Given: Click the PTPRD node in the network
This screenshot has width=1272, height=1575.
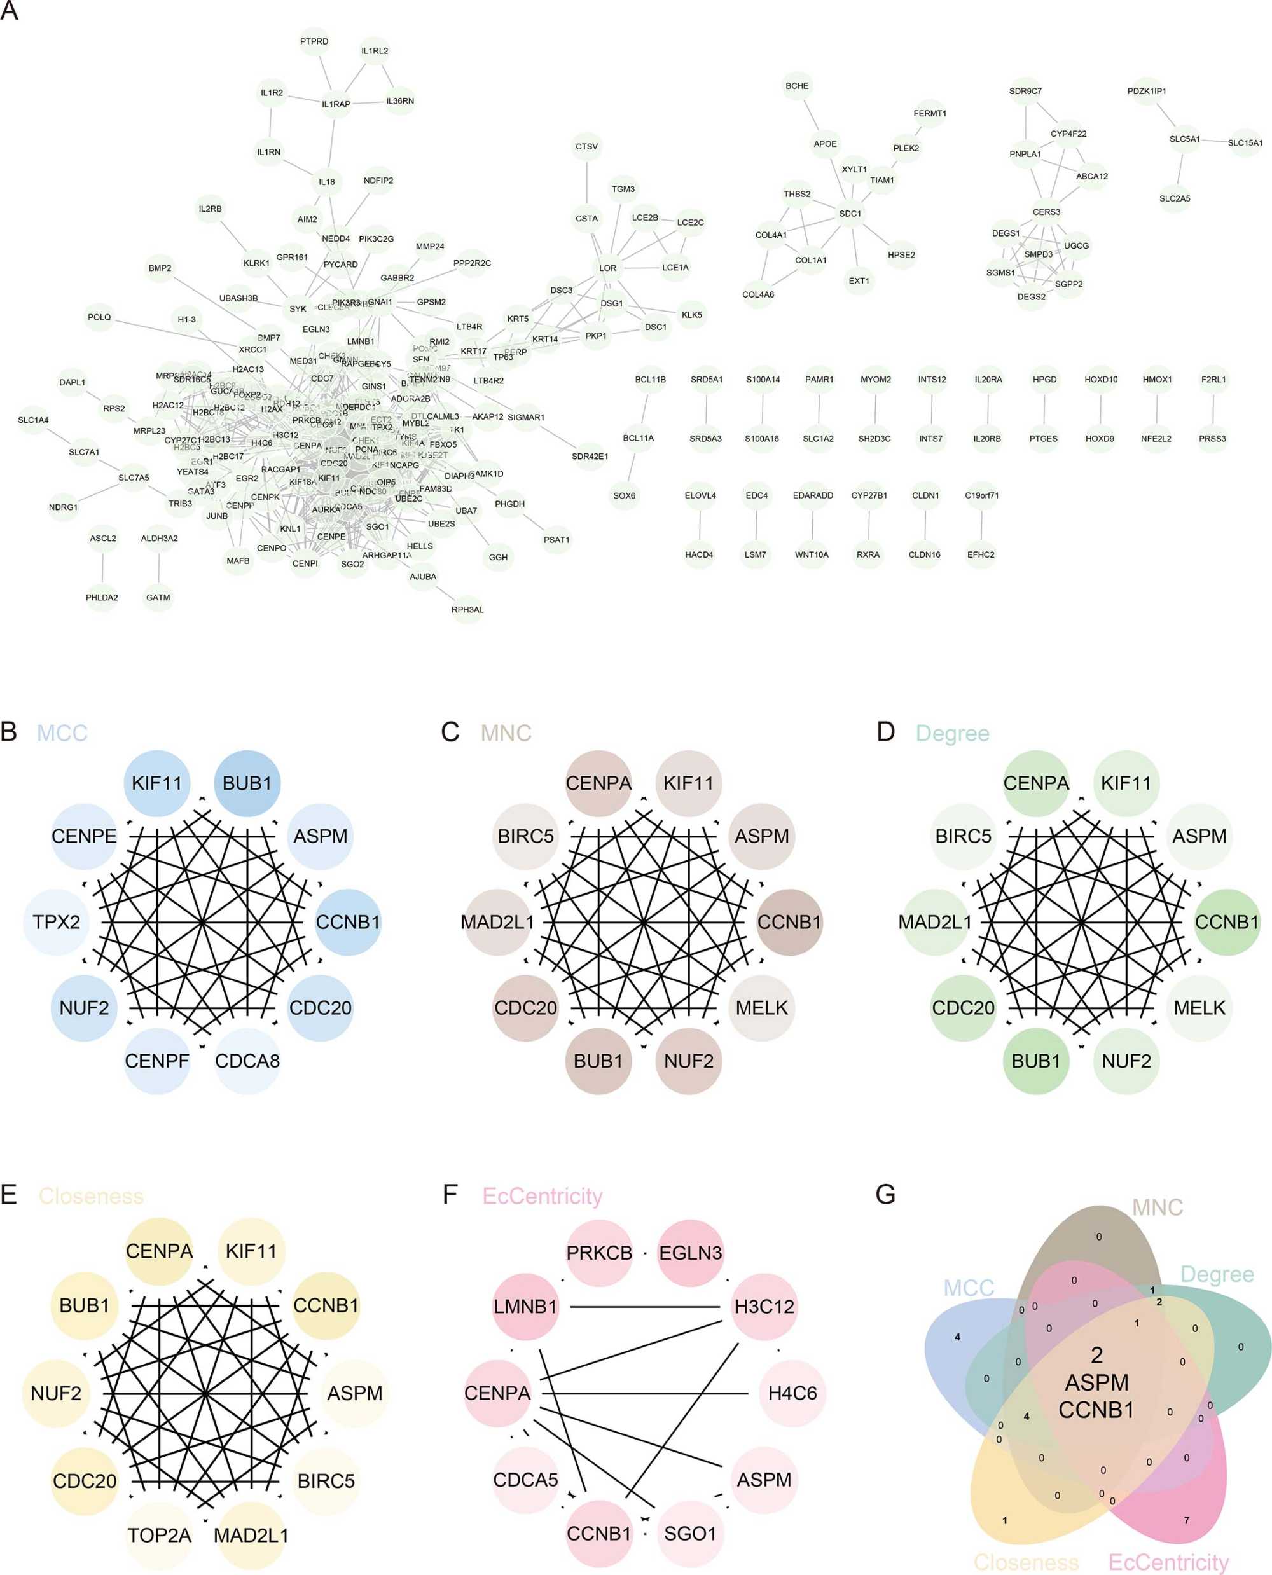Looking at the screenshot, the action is click(x=314, y=42).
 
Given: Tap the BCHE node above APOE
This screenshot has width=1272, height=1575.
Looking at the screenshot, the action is click(x=797, y=86).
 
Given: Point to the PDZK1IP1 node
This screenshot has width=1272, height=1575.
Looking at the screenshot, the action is click(x=1147, y=92).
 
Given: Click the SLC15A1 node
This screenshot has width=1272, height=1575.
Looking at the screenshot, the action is click(x=1245, y=143).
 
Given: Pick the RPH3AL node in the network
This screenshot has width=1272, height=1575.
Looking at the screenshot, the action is click(x=467, y=610).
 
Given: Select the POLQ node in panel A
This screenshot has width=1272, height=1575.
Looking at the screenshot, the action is click(x=100, y=317).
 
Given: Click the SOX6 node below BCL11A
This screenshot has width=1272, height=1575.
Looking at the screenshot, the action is click(x=625, y=496).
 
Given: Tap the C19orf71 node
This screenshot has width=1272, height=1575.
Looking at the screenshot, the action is click(x=982, y=496).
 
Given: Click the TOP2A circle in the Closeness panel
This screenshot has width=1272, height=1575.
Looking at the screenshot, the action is click(x=159, y=1535).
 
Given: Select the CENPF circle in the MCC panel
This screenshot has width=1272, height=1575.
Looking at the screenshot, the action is click(x=157, y=1060).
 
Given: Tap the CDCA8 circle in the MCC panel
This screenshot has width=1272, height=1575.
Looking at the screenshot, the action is click(x=247, y=1060).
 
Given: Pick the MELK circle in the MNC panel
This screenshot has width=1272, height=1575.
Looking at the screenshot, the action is click(x=762, y=1007).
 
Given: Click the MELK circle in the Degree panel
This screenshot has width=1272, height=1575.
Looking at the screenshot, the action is click(x=1199, y=1007).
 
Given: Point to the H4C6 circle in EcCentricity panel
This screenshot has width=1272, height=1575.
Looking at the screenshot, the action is click(x=793, y=1393).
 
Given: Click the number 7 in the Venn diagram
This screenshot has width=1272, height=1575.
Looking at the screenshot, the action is click(x=1187, y=1520).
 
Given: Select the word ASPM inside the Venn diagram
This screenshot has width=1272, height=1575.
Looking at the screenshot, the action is click(x=1097, y=1382).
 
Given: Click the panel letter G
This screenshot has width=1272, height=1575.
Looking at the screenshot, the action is click(x=886, y=1194).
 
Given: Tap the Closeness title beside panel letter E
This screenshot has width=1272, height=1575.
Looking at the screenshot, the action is click(x=91, y=1195).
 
